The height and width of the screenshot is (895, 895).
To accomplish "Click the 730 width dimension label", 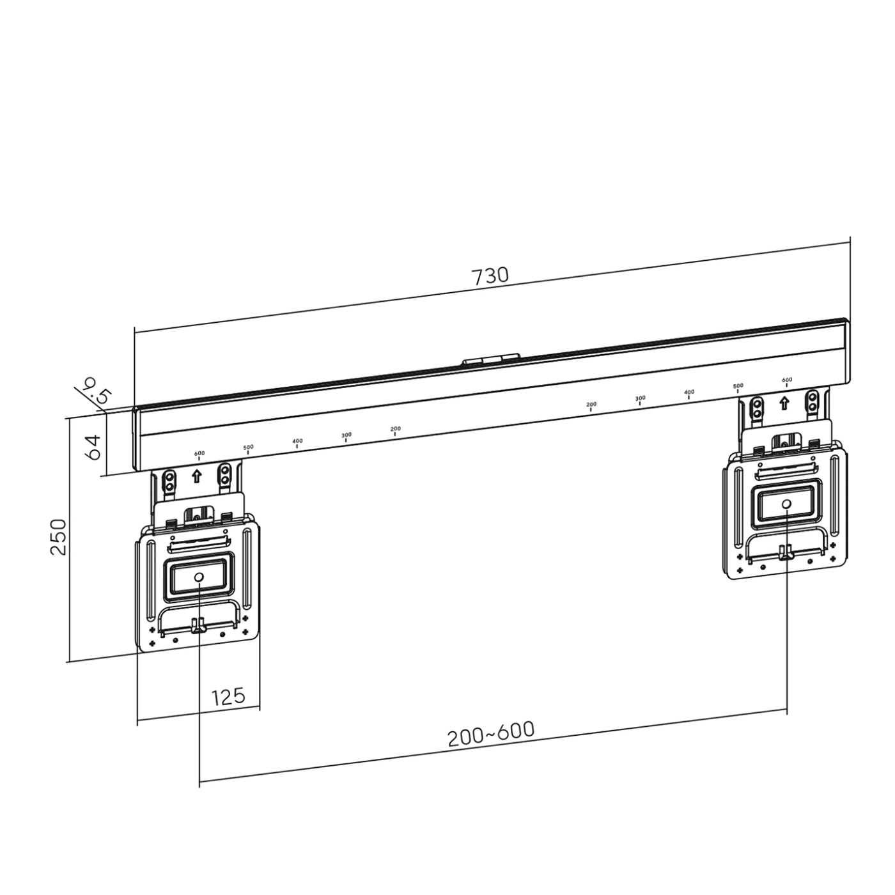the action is click(x=490, y=276).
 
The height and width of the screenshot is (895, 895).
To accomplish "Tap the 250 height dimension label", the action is click(x=59, y=537).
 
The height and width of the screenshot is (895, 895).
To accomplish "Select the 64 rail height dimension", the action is click(x=93, y=447).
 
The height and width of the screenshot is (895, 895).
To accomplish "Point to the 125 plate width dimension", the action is click(x=228, y=697).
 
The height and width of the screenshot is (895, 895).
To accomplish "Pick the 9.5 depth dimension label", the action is click(x=96, y=391).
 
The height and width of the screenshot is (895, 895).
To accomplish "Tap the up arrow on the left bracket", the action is click(x=197, y=476).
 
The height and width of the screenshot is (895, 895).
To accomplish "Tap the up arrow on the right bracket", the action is click(x=784, y=403).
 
